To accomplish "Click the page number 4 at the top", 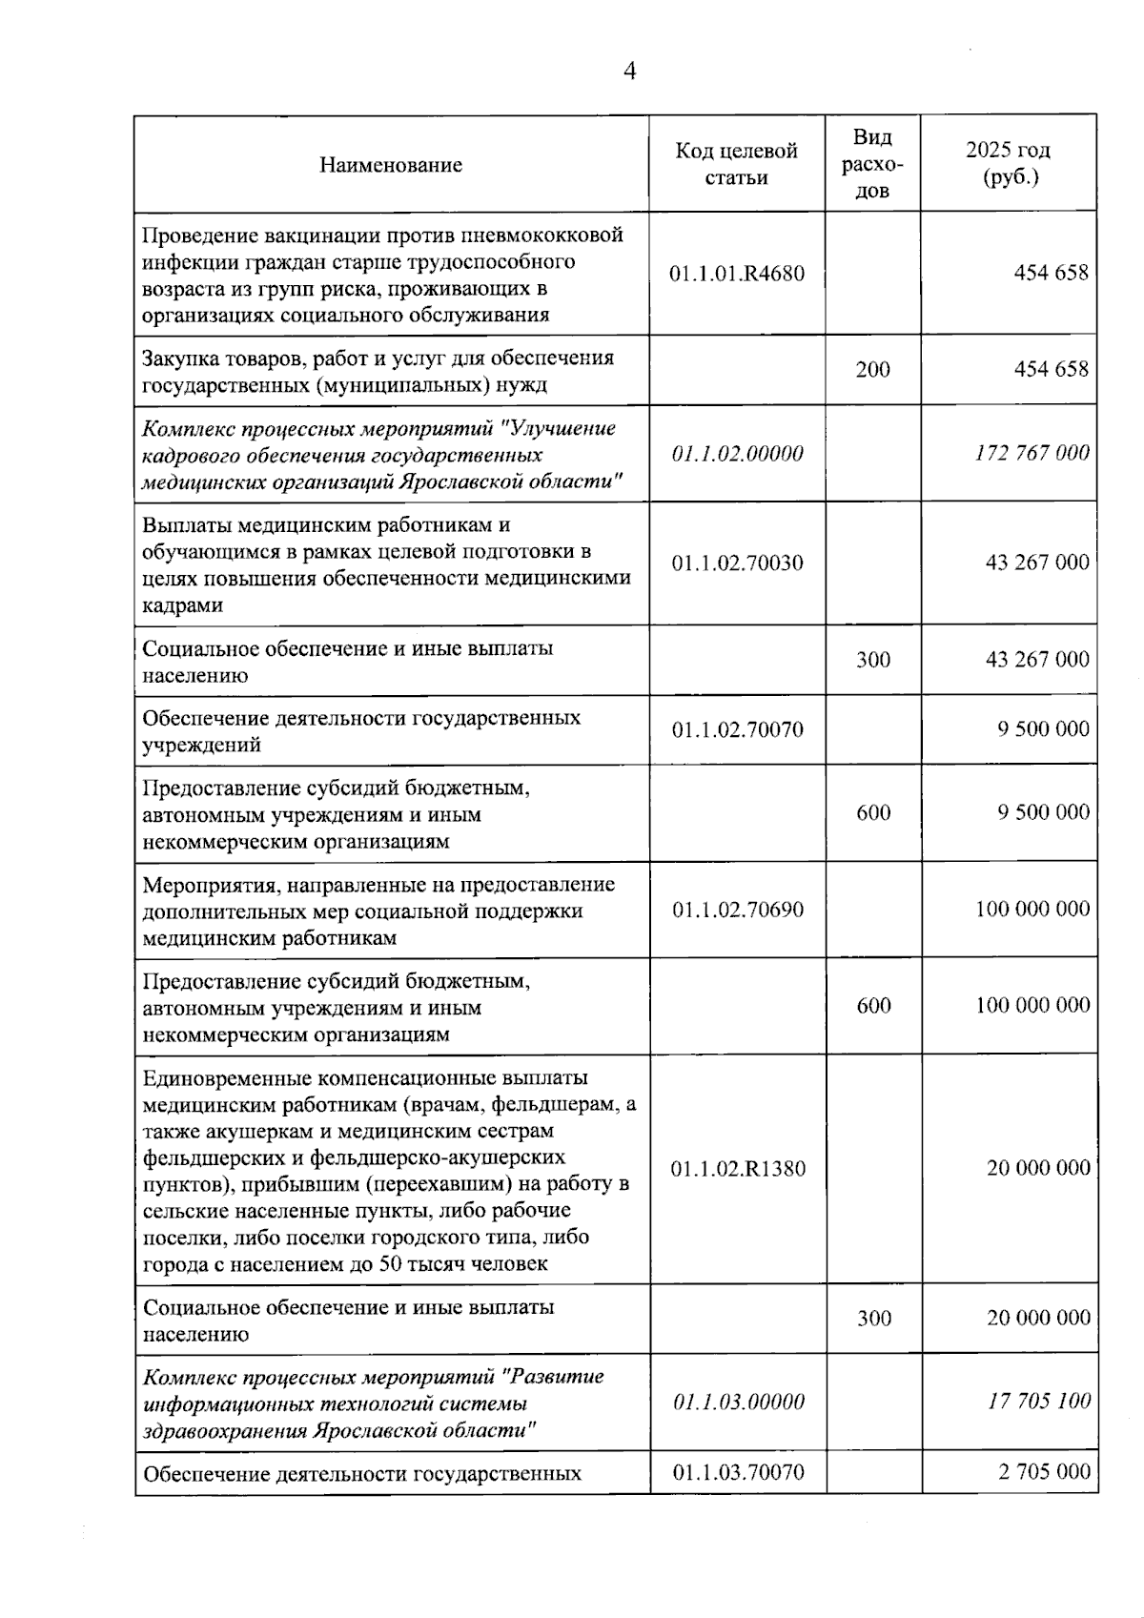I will tap(629, 72).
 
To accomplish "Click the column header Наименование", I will tap(391, 165).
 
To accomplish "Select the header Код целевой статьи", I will tap(736, 164).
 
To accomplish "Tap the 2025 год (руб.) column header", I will tap(1008, 163).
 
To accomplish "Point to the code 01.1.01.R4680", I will tap(736, 274).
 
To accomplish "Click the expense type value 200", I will tap(872, 370).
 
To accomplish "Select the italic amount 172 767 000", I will tap(1032, 453).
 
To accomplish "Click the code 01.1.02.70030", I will tap(737, 563).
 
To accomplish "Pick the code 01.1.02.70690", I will tap(737, 910).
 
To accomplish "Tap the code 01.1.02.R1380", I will tap(737, 1169).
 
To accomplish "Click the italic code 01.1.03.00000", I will tap(738, 1403).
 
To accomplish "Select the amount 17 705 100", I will tap(1039, 1402).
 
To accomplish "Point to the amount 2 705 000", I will tap(1044, 1471).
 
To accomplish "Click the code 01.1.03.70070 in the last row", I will tap(738, 1473).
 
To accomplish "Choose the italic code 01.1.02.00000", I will tap(737, 454).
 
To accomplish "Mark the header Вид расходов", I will tap(872, 164).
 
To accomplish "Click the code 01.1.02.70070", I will tap(737, 730).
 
